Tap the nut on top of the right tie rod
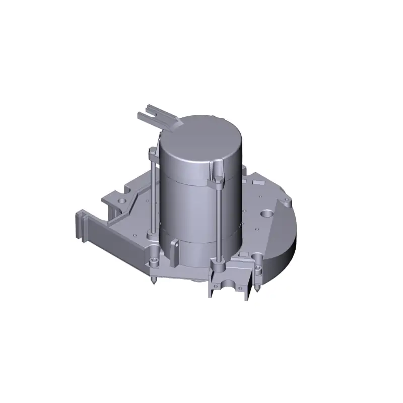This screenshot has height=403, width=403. click(218, 180)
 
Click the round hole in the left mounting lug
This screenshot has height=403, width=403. click(121, 200)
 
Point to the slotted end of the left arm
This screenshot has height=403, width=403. click(79, 224)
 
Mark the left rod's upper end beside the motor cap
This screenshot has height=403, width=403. click(151, 151)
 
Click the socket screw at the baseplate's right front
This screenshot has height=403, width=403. click(258, 266)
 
